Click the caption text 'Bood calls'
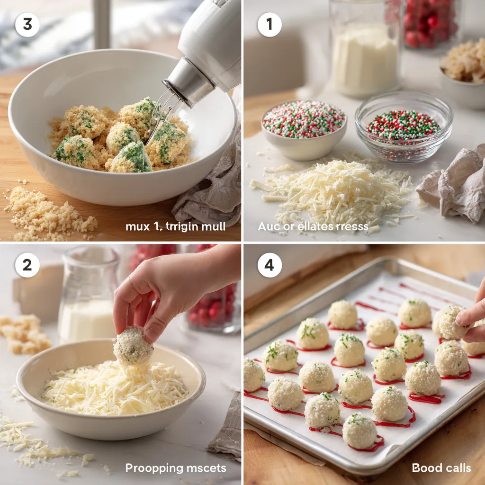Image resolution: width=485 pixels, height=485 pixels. point(441,468)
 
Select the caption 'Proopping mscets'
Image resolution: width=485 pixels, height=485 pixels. point(176,468)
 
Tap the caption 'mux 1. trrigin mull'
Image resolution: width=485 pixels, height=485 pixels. point(175,226)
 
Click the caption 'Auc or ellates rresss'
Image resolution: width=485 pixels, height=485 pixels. point(313,226)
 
